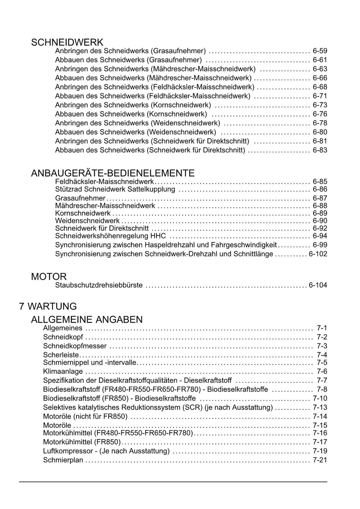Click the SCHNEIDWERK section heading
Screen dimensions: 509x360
67,43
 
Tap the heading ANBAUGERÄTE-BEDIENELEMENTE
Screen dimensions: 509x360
112,173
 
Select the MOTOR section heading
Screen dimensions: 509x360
49,276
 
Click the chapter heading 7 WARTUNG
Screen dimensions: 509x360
48,306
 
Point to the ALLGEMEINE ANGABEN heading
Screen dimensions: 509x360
87,320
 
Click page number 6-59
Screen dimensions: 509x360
320,51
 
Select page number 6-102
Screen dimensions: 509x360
318,254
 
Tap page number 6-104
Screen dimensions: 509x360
318,285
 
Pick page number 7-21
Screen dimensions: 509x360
320,460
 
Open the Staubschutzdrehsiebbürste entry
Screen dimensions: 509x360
99,285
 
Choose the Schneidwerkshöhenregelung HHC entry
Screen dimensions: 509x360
110,236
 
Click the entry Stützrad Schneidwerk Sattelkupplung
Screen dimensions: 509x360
115,190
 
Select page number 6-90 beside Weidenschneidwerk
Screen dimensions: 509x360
320,221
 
